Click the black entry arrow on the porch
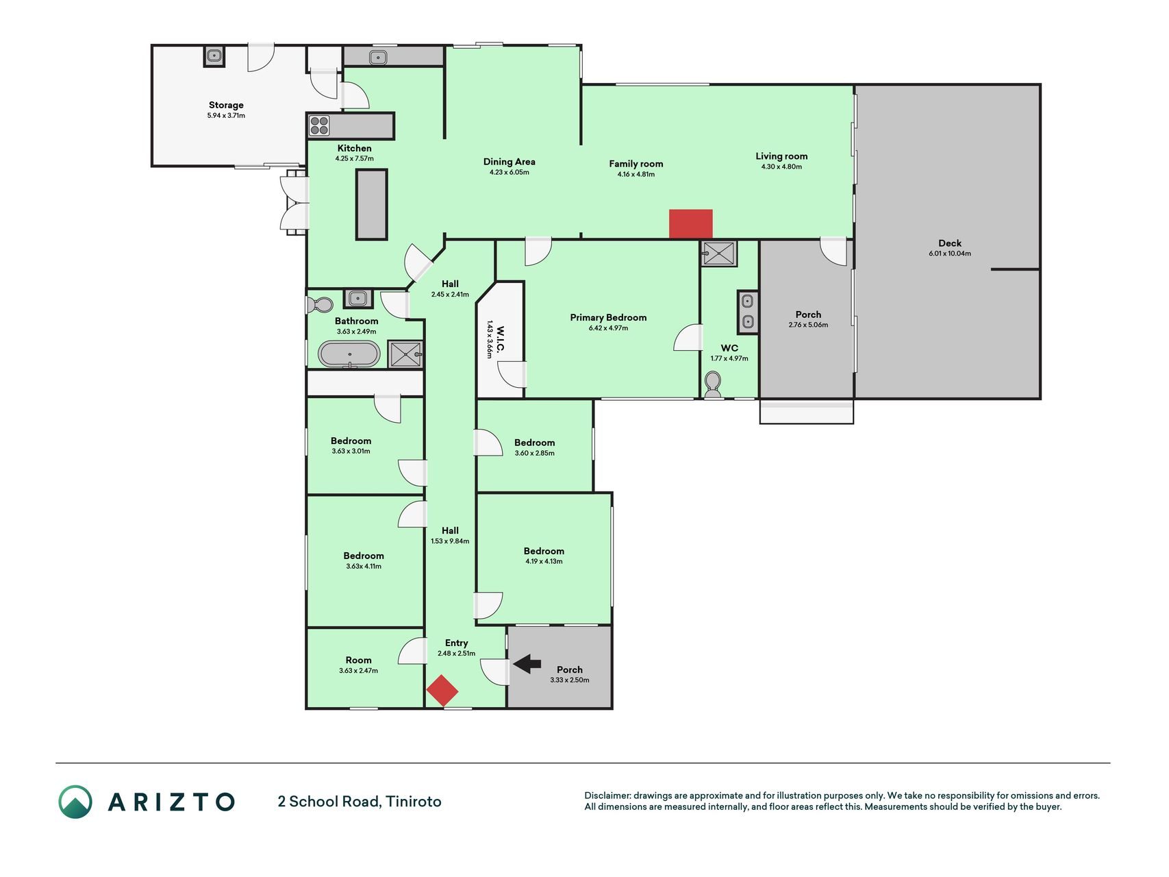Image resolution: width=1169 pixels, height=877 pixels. click(527, 663)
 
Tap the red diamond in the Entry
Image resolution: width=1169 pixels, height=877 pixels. click(442, 691)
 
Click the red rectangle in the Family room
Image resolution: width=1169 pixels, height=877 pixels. click(691, 224)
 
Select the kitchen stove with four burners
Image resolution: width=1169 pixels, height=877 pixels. click(319, 125)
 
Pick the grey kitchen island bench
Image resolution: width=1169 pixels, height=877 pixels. click(372, 204)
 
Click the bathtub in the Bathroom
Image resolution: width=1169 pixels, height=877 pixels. click(349, 355)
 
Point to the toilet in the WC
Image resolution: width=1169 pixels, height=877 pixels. click(713, 384)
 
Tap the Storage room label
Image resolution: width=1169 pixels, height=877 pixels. click(226, 105)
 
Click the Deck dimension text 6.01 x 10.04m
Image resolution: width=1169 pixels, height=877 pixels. click(950, 254)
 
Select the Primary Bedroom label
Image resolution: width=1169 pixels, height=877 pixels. click(608, 317)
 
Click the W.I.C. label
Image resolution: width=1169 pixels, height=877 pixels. click(501, 340)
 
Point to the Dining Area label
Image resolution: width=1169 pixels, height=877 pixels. click(510, 162)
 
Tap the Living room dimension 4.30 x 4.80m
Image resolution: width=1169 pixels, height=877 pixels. click(781, 166)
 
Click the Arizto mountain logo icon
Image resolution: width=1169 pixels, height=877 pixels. click(75, 802)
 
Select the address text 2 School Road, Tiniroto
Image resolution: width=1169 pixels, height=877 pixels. click(360, 802)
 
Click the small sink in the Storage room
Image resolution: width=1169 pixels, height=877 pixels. click(214, 56)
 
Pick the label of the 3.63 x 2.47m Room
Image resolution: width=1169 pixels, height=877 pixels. click(358, 660)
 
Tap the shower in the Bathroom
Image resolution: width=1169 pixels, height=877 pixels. click(406, 354)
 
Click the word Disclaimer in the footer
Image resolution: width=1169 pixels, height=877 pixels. click(607, 795)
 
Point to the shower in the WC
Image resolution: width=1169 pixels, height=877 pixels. click(719, 254)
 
